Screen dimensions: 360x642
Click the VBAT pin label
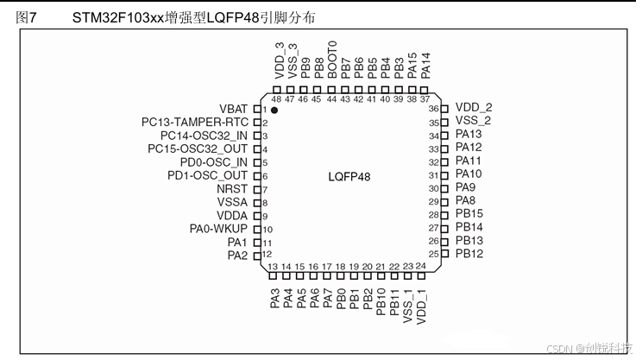(233, 109)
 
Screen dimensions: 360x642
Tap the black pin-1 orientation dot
(275, 110)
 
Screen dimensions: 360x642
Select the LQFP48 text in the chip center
(349, 176)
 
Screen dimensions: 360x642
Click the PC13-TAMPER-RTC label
(195, 123)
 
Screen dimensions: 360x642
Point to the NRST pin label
(232, 189)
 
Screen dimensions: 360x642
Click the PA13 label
(469, 134)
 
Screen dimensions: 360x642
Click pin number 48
(276, 98)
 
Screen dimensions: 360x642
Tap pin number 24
(420, 266)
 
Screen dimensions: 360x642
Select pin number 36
(434, 109)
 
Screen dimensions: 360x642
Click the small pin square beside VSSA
(256, 202)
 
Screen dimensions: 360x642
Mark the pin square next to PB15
(444, 214)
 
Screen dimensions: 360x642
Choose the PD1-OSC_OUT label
(207, 175)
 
